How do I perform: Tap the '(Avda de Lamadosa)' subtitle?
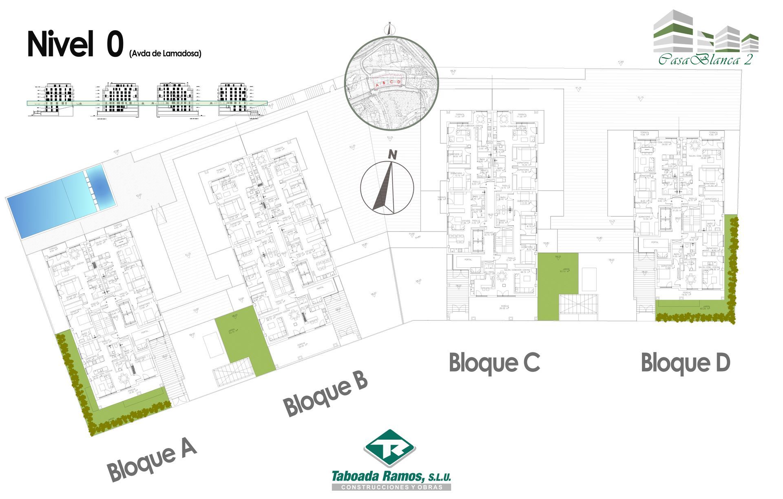[x=165, y=53]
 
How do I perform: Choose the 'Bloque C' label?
[x=494, y=362]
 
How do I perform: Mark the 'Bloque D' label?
[x=685, y=362]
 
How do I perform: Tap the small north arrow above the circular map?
[x=390, y=29]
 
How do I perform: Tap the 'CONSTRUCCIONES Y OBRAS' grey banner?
[x=391, y=487]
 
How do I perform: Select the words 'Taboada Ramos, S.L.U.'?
[x=391, y=476]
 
